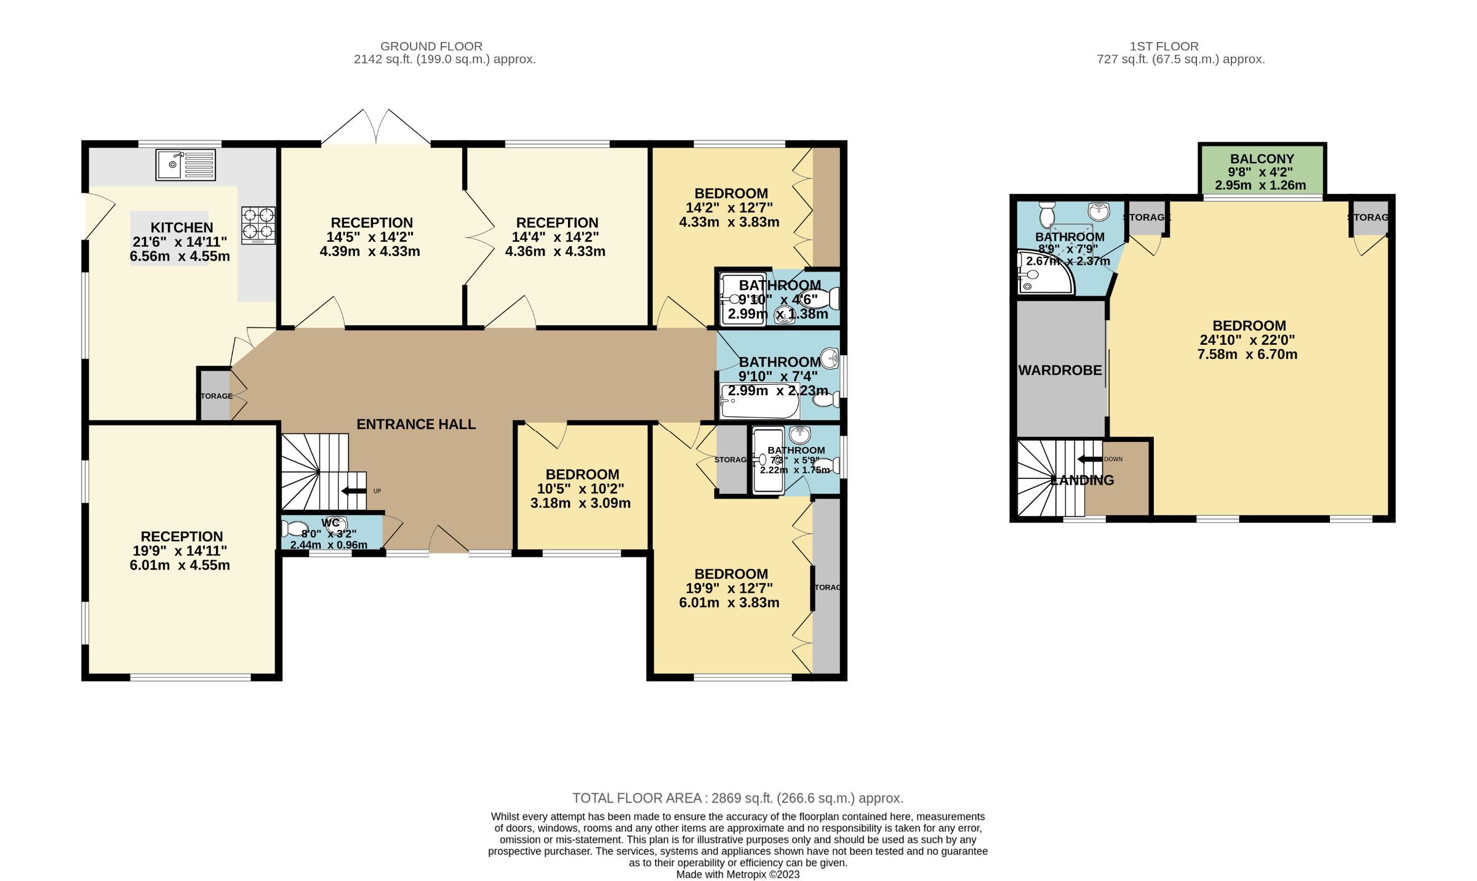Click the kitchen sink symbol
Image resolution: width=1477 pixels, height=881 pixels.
point(185,164)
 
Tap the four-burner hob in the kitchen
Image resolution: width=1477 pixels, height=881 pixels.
point(258,224)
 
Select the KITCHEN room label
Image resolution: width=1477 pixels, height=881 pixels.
point(182,227)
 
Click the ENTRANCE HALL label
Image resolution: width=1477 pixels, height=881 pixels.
point(416,424)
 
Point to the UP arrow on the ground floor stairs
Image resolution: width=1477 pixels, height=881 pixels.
point(353,491)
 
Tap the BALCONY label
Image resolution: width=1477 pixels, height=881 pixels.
point(1262,159)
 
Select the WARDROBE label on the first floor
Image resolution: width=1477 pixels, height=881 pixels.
point(1060,371)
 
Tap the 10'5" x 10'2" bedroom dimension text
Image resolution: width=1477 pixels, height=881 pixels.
point(580,489)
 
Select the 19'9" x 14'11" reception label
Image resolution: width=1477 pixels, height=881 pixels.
point(180,551)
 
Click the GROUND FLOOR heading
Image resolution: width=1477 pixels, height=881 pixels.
point(431,46)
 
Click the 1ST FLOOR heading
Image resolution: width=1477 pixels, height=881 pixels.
point(1164,46)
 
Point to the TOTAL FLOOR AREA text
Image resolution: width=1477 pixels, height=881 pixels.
point(737,798)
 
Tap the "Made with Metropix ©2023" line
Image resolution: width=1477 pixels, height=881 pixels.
point(737,874)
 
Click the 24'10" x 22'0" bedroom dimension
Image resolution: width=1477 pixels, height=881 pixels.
point(1247,340)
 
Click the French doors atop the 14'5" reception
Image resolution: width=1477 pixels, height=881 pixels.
point(375,128)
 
